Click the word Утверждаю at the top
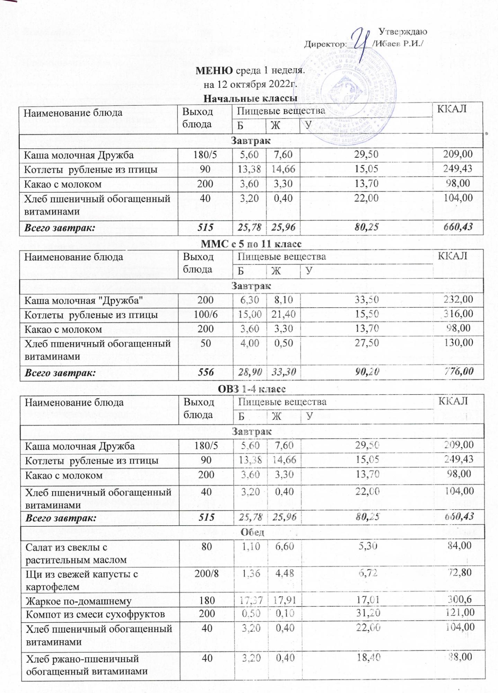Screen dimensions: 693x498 (402, 32)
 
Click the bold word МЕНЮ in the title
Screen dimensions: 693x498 (214, 71)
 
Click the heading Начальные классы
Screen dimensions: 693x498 (250, 99)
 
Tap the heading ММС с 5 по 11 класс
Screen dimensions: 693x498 (251, 244)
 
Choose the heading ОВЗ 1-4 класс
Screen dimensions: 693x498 (251, 389)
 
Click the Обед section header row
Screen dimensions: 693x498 (252, 533)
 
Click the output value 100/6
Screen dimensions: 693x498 (206, 315)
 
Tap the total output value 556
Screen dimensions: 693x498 (206, 372)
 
